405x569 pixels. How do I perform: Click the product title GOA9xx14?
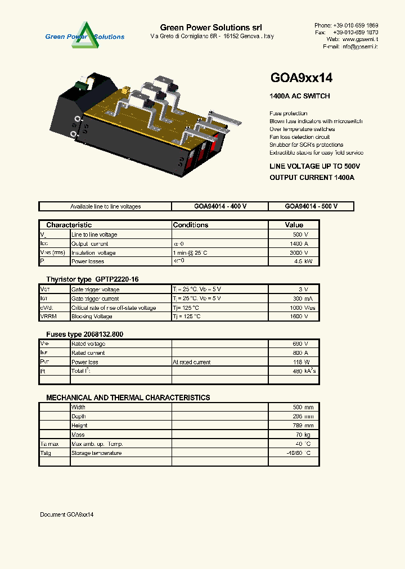[301, 78]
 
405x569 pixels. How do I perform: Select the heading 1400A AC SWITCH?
[300, 96]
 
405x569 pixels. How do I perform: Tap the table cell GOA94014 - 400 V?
[220, 206]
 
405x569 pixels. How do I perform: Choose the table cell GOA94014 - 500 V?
[311, 206]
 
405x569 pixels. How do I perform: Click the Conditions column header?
[191, 225]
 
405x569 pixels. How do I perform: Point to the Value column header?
[294, 225]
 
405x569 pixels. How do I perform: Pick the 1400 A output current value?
[299, 243]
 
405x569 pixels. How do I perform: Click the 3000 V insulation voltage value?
[299, 252]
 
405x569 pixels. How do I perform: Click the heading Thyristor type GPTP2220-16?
[92, 279]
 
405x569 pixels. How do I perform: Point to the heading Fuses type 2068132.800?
[84, 334]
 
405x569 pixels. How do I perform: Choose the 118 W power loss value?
[301, 362]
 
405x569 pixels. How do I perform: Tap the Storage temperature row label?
[96, 453]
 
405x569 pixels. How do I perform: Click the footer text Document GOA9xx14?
[67, 514]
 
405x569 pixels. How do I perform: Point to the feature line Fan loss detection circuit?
[300, 137]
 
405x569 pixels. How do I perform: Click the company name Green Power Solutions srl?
[211, 28]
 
